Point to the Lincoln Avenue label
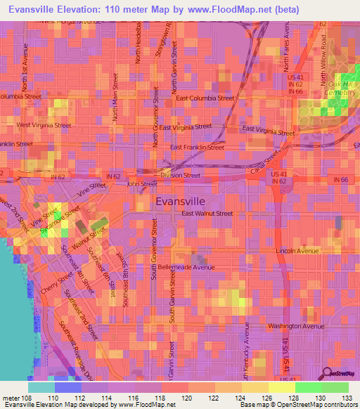[x=297, y=251]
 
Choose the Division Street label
[x=180, y=175]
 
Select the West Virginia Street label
[x=44, y=125]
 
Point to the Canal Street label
[x=267, y=161]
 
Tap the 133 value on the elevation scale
[x=344, y=398]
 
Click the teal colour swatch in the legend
[x=41, y=387]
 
